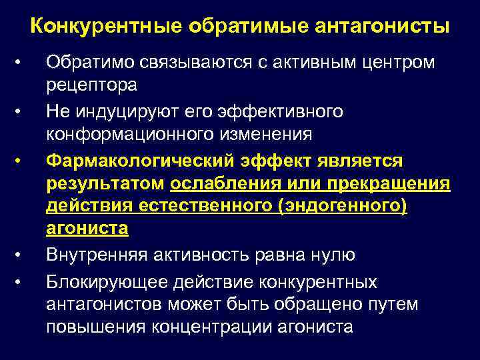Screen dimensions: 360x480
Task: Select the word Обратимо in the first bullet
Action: pyautogui.click(x=89, y=63)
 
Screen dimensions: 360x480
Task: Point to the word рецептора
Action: pyautogui.click(x=91, y=85)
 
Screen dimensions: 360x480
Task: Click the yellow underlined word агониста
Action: pyautogui.click(x=87, y=229)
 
